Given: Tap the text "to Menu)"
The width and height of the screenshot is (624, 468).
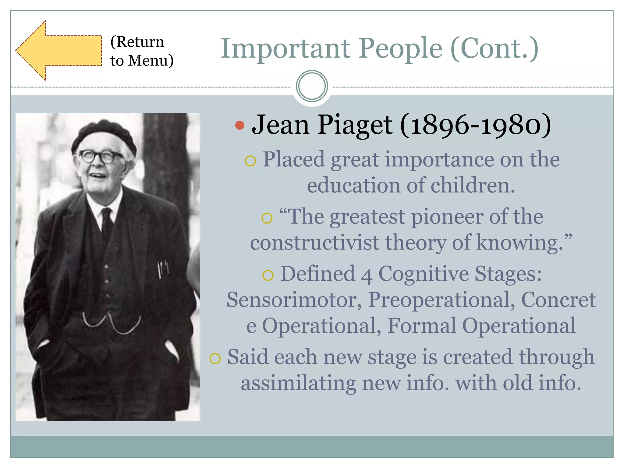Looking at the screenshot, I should [142, 60].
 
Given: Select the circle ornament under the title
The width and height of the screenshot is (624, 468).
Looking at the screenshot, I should [312, 86].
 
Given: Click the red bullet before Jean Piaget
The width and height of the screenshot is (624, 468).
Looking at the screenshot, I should [240, 125].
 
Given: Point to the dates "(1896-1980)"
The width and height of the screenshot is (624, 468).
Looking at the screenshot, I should [475, 125].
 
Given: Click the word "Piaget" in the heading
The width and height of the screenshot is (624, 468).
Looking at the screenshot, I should [355, 125].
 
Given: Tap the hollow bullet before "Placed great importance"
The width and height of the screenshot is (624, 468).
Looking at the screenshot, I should [250, 161].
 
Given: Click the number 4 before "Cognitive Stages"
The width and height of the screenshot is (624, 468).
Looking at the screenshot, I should [367, 275].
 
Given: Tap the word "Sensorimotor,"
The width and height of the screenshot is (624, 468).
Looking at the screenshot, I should [294, 300].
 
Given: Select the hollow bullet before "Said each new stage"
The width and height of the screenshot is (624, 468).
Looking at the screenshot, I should [215, 358].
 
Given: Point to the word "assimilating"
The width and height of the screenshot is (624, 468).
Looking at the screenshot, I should [298, 383].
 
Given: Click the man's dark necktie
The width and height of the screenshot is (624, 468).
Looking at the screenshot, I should [107, 222].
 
